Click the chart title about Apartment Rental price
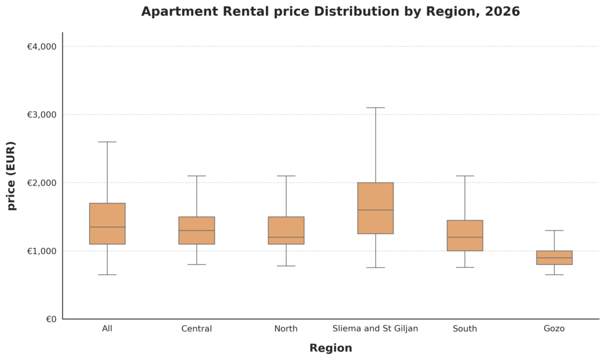[x=330, y=12]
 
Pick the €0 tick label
[x=51, y=319]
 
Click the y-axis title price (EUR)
[x=12, y=176]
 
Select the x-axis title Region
[x=330, y=348]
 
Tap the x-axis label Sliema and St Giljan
[x=375, y=329]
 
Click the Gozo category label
[x=554, y=329]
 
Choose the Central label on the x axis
[x=197, y=329]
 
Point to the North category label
[x=286, y=329]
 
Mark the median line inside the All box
[x=107, y=227]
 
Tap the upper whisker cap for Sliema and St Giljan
[x=375, y=108]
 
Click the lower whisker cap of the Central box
[x=197, y=264]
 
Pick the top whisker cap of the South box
[x=465, y=176]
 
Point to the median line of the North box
[x=286, y=237]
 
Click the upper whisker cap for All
[x=107, y=142]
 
